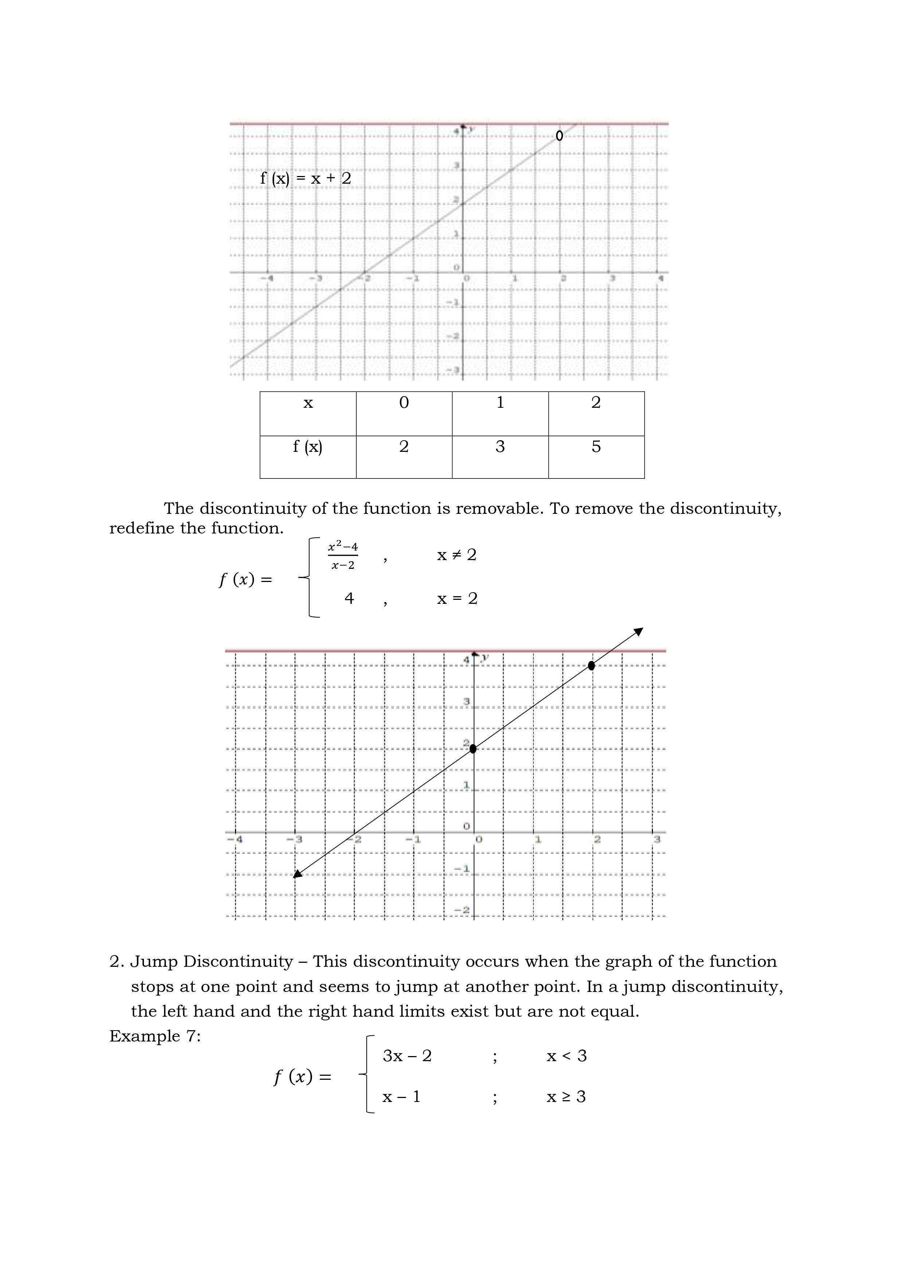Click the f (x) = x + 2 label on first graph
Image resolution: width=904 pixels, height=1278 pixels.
coord(306,179)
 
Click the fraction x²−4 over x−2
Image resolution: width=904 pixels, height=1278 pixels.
coord(343,555)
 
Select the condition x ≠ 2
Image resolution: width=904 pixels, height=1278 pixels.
coord(457,555)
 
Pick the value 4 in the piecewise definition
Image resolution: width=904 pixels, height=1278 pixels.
coord(349,598)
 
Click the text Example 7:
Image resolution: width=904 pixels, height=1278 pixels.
coord(155,1036)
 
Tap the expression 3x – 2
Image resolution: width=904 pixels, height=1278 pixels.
coord(407,1056)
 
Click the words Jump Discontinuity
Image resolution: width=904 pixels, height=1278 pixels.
coord(212,962)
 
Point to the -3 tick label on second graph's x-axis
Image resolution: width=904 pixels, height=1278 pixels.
coord(298,839)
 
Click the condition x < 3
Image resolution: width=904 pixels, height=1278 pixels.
coord(566,1056)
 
